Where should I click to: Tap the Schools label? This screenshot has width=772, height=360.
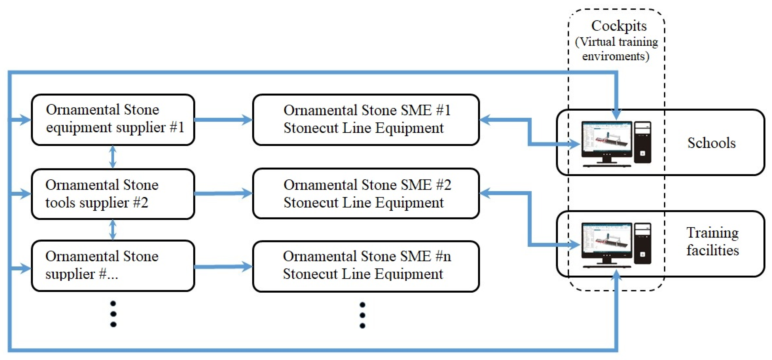click(711, 143)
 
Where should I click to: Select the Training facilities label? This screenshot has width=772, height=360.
click(712, 241)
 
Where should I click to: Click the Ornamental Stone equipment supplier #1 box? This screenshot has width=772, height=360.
click(113, 120)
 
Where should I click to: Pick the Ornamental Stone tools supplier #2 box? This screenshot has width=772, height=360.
click(113, 194)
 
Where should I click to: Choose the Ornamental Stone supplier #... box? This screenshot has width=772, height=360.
click(113, 265)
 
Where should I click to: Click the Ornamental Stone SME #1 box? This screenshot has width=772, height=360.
click(366, 120)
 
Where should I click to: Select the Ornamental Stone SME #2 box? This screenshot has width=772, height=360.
click(366, 194)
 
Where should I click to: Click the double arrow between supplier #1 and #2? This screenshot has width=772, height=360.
click(113, 157)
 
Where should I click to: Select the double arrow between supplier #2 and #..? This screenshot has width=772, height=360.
click(113, 230)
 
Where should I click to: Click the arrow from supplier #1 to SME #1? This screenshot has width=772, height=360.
click(223, 120)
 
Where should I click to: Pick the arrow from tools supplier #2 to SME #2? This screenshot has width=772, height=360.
click(223, 193)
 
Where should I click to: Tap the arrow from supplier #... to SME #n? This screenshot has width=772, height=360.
click(223, 266)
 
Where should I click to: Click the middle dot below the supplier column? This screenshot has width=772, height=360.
click(113, 314)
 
